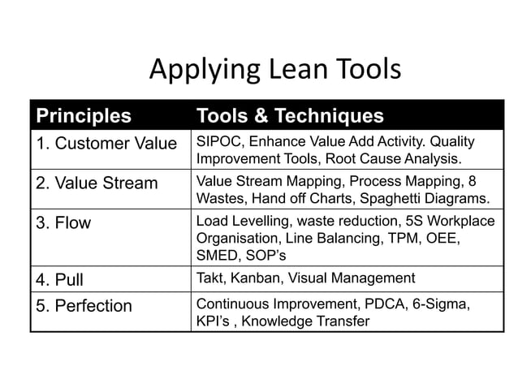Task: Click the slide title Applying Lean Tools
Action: click(x=275, y=71)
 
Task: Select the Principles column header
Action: click(x=83, y=115)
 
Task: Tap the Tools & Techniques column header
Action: click(x=290, y=115)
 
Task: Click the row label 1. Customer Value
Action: click(x=106, y=144)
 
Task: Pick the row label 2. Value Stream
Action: click(x=97, y=183)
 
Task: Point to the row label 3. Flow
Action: click(x=63, y=222)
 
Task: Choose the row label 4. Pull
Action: click(x=59, y=280)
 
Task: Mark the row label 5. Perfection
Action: click(x=83, y=306)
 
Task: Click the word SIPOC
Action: click(x=217, y=142)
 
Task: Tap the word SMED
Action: click(x=217, y=257)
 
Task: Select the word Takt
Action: click(x=211, y=278)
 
